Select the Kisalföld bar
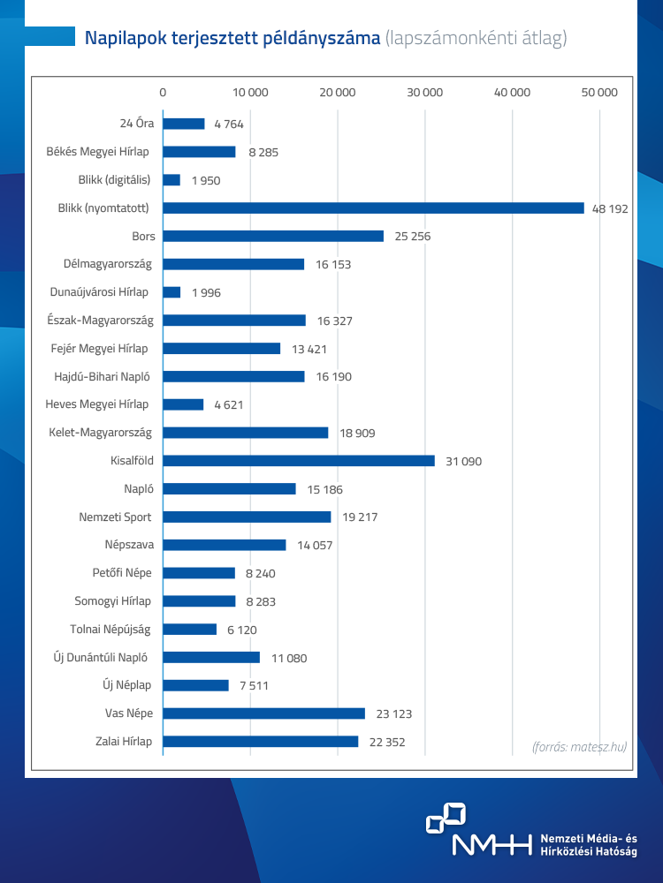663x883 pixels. (299, 461)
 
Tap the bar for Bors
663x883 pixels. (273, 237)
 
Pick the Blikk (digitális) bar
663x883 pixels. (171, 180)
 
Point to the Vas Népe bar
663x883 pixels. (263, 713)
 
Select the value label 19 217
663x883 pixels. (358, 517)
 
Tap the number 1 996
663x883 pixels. (206, 293)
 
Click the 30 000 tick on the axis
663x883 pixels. (425, 93)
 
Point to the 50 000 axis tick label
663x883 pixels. (600, 93)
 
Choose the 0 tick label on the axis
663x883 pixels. (163, 93)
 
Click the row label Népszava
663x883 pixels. (127, 545)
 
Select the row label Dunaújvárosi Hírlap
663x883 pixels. (98, 292)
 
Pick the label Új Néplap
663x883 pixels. (126, 685)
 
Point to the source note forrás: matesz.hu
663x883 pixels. (579, 746)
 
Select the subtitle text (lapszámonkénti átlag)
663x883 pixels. (476, 38)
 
